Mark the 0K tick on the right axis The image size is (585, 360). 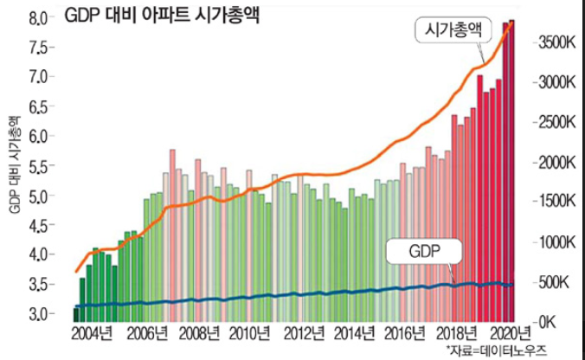(552, 322)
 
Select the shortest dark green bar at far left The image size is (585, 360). (76, 314)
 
